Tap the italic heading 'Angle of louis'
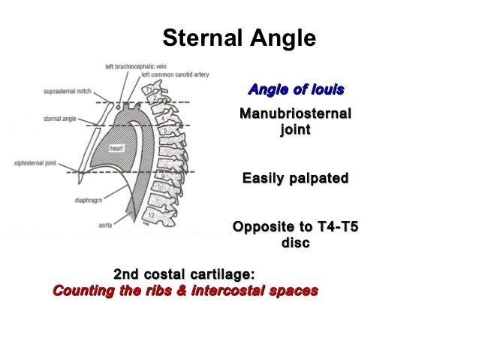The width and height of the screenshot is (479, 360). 296,91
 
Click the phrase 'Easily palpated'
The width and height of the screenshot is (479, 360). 294,180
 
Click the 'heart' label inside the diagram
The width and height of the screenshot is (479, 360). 116,148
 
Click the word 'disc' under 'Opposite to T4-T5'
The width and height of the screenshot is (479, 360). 294,244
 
